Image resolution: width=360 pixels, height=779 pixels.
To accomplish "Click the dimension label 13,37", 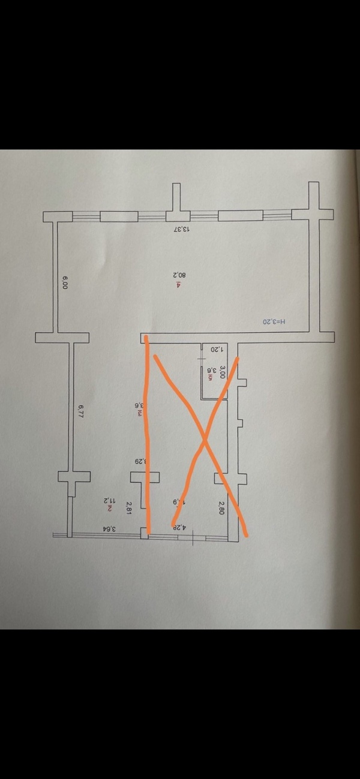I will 181,229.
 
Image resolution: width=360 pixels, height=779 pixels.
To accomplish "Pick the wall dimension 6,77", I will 80,411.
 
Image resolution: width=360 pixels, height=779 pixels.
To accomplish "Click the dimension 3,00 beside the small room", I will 222,371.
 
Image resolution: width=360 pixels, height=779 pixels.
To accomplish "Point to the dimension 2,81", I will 128,509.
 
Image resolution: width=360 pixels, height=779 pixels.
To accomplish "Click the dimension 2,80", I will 221,509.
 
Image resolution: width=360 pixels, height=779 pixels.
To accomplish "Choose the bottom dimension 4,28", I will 179,528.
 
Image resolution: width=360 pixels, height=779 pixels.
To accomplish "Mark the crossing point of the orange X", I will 205,440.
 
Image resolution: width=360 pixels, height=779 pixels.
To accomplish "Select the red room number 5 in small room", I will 212,380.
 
